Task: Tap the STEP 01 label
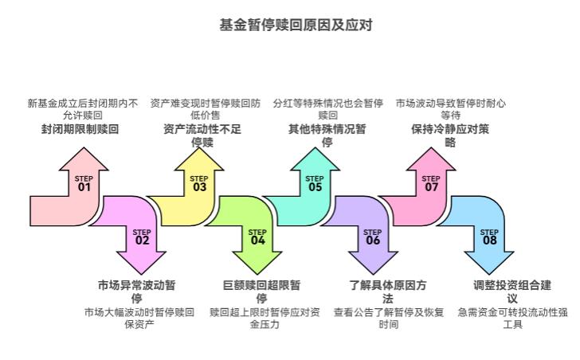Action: (84, 184)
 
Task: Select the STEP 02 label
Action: (142, 236)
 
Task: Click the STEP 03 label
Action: (199, 184)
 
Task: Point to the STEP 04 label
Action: (257, 236)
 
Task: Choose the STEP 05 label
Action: (315, 184)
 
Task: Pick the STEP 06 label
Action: (373, 236)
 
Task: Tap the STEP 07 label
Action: (431, 184)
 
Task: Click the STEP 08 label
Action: (489, 236)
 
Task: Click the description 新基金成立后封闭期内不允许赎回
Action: (82, 108)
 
